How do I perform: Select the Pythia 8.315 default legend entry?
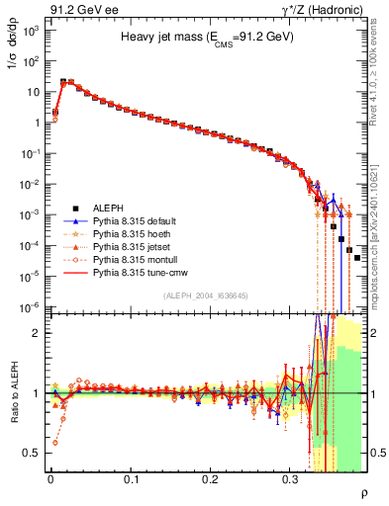[136, 219]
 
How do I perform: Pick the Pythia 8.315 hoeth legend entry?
[133, 232]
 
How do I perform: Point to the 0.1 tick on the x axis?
[131, 478]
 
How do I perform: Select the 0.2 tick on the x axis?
[210, 478]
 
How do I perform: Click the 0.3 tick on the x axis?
[290, 478]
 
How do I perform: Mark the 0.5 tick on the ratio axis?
[32, 453]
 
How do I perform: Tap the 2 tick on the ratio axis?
[36, 333]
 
